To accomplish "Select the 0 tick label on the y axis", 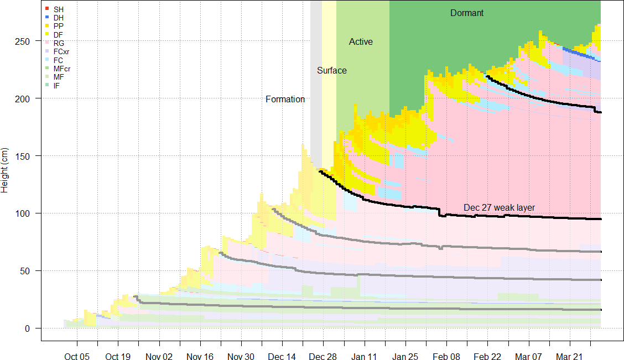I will [x=32, y=328].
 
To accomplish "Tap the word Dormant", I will [x=467, y=13].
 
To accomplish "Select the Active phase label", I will [x=361, y=42].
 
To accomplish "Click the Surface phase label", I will [x=332, y=71].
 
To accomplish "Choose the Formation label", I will [x=285, y=100].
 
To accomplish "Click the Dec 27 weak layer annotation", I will [x=499, y=207].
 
